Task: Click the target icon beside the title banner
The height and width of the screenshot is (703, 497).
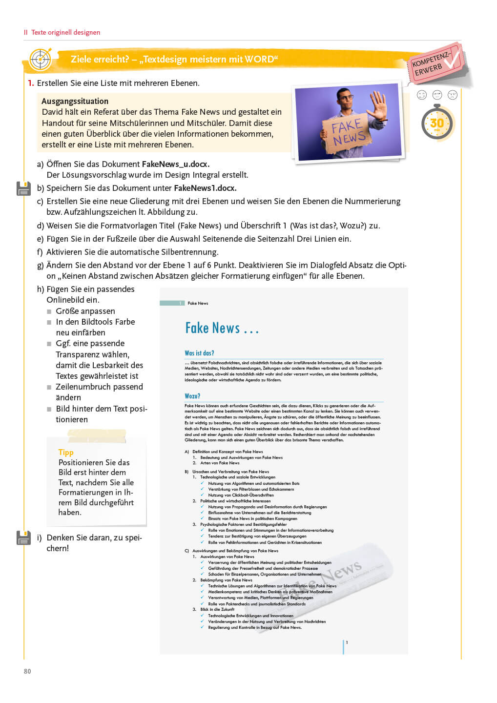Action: pyautogui.click(x=41, y=60)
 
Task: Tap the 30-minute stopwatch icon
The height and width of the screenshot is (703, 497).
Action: pyautogui.click(x=437, y=123)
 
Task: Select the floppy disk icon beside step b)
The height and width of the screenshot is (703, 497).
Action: pyautogui.click(x=23, y=188)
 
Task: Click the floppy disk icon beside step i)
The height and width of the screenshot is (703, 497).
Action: pyautogui.click(x=23, y=538)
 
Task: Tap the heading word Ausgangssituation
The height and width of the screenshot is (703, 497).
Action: pyautogui.click(x=75, y=101)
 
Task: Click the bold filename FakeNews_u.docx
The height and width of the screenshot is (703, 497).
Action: pyautogui.click(x=176, y=164)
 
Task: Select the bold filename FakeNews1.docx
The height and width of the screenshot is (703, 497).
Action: pyautogui.click(x=205, y=188)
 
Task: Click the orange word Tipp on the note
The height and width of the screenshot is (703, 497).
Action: pyautogui.click(x=66, y=452)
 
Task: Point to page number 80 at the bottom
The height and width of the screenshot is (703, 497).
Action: pyautogui.click(x=27, y=671)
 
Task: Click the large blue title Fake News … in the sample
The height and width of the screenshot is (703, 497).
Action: pyautogui.click(x=222, y=328)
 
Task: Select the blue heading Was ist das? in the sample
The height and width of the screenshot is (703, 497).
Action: pyautogui.click(x=199, y=353)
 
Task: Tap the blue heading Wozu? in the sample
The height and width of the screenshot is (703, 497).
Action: pyautogui.click(x=192, y=396)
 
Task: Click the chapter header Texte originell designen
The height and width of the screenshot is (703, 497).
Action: pyautogui.click(x=65, y=32)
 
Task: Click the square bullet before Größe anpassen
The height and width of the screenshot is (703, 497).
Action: pyautogui.click(x=49, y=311)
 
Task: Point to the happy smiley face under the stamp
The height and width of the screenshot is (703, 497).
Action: pyautogui.click(x=422, y=95)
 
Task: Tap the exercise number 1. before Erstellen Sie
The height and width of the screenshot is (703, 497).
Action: pyautogui.click(x=31, y=83)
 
